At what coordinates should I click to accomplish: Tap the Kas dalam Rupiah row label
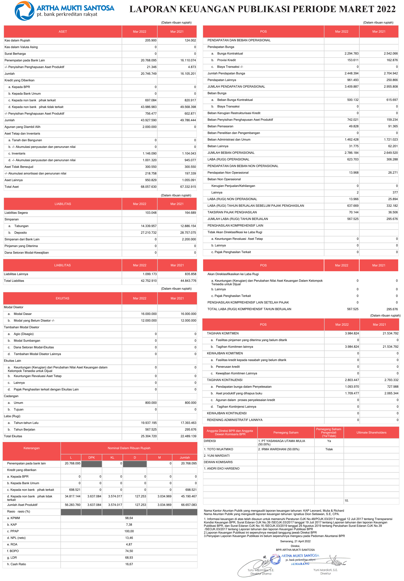[x=17, y=40]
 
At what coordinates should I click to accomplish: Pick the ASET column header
[x=63, y=32]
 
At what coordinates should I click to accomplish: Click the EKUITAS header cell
[x=62, y=298]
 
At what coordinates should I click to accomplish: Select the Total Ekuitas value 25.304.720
[x=149, y=436]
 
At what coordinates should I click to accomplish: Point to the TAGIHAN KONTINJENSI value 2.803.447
[x=352, y=380]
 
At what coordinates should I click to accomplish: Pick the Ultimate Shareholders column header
[x=371, y=433]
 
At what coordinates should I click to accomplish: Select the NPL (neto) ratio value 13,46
[x=129, y=538]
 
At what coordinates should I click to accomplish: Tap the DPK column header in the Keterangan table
[x=92, y=458]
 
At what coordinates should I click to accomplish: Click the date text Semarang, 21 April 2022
[x=295, y=541]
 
